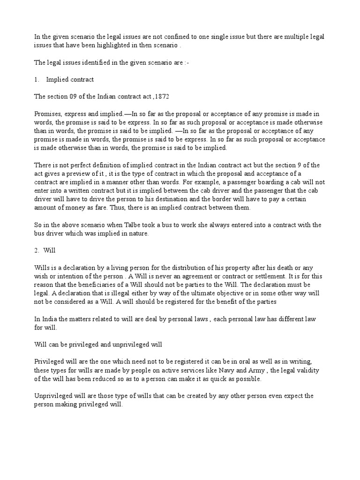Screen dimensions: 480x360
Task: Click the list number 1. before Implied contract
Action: [37, 80]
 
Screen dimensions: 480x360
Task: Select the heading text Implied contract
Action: [70, 80]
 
